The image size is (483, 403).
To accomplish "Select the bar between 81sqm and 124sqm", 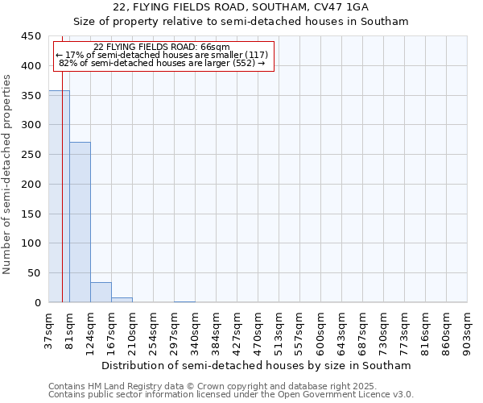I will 80,222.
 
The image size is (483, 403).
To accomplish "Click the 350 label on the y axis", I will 31,95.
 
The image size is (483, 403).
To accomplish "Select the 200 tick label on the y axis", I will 31,184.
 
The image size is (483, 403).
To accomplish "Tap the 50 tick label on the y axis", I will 34,273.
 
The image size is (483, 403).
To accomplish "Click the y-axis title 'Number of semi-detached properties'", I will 8,174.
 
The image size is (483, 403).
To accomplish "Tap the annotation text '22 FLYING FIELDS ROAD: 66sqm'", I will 162,47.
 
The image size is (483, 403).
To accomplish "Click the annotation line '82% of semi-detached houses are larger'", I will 162,63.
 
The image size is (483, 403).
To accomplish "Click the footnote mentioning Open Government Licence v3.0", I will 231,395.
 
